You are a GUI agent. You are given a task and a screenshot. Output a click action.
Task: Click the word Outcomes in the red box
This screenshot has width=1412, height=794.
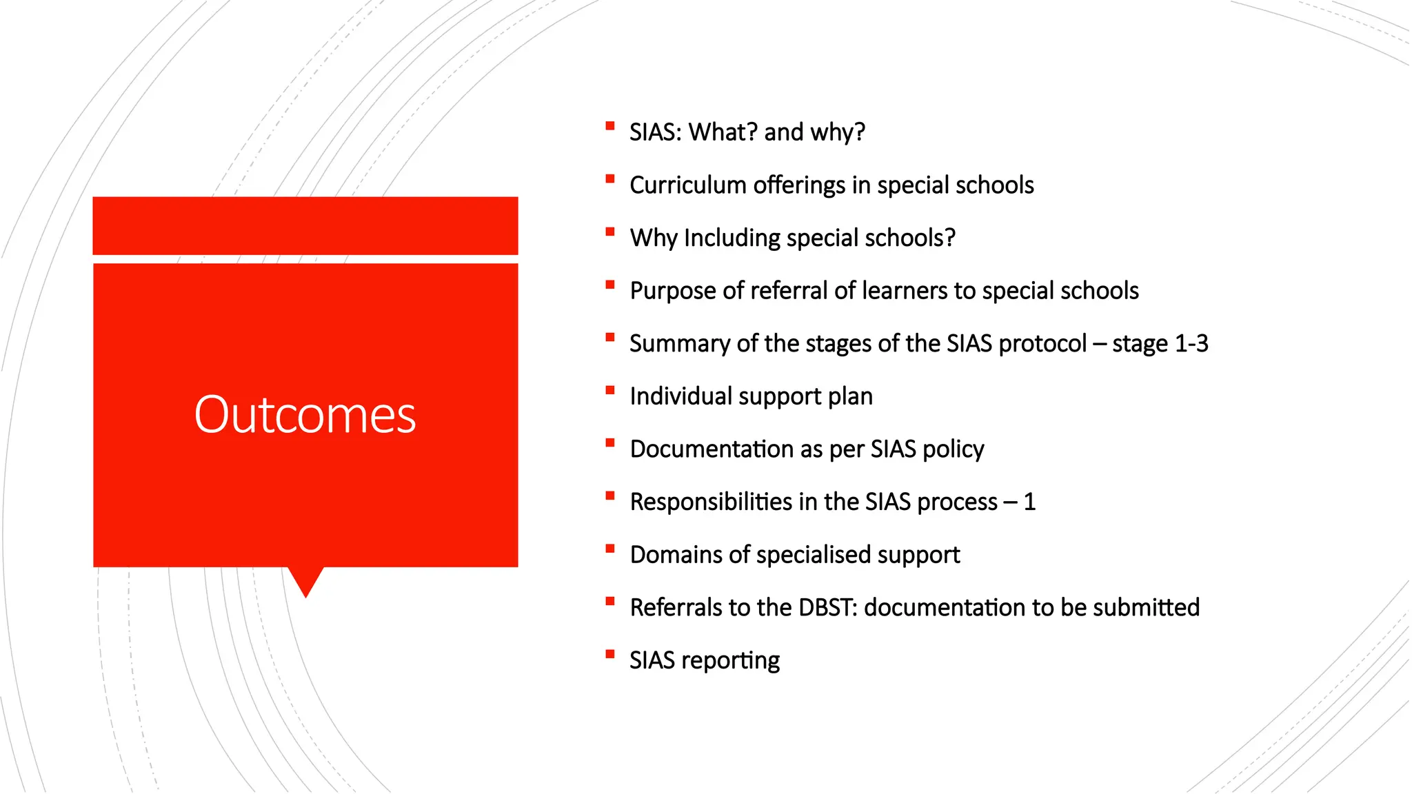coord(305,415)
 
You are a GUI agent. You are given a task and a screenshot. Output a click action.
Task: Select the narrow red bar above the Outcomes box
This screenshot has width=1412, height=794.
coord(305,226)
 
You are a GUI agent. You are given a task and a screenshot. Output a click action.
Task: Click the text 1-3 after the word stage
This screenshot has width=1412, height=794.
coord(1191,344)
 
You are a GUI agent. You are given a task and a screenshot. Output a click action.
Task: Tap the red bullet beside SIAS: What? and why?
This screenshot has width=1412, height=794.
coord(609,126)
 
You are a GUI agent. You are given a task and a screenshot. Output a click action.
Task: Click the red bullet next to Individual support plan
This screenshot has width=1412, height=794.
coord(609,390)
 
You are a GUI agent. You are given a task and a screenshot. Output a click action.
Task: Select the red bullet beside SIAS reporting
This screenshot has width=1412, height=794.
coord(609,654)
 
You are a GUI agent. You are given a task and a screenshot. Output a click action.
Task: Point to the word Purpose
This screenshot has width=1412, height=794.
coord(673,292)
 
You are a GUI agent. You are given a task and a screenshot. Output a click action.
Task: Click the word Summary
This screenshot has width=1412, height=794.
coord(679,344)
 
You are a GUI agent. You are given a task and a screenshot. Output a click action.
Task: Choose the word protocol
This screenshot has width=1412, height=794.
coord(1042,344)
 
